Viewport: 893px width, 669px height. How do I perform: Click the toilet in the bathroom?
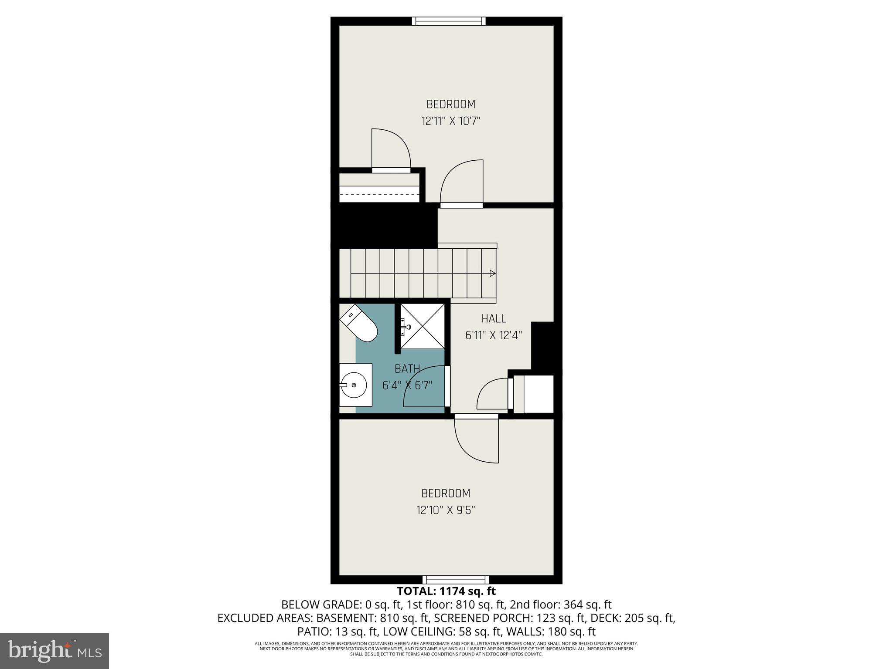(358, 324)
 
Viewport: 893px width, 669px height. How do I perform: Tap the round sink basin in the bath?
(353, 385)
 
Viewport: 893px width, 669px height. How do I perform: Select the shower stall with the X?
(423, 326)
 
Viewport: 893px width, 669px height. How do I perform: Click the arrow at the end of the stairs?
(492, 274)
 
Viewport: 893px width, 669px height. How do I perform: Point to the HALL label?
(494, 319)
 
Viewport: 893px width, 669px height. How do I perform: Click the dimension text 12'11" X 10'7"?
(450, 121)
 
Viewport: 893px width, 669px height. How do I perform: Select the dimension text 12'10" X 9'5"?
(446, 510)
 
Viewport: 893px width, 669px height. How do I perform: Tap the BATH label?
(407, 369)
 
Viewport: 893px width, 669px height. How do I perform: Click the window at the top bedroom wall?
(449, 21)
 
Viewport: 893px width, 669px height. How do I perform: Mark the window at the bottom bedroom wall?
(456, 580)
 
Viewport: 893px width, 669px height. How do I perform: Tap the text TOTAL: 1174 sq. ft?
(446, 591)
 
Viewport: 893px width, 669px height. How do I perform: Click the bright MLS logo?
(55, 651)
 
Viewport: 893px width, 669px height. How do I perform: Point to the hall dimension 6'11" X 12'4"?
(494, 335)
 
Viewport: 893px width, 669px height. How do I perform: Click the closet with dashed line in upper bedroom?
(379, 188)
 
